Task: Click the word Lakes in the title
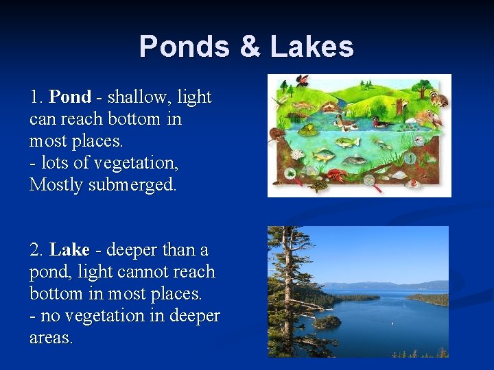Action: pos(312,47)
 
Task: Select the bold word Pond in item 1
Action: pos(70,97)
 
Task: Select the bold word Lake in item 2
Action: pos(69,250)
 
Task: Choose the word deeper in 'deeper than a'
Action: pos(133,250)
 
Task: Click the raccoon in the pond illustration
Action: pos(437,98)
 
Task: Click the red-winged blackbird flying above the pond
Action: pos(301,81)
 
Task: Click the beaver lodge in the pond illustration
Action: pos(332,108)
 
